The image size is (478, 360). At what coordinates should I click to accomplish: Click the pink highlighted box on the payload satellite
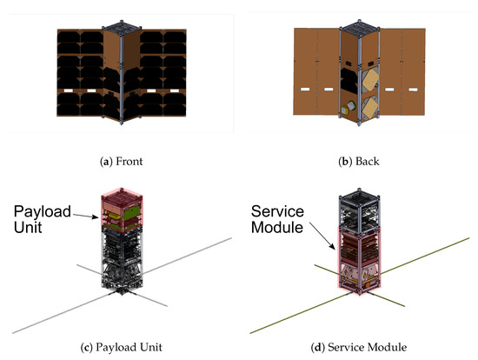coord(122,209)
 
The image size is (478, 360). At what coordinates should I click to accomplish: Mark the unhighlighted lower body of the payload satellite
coord(122,261)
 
